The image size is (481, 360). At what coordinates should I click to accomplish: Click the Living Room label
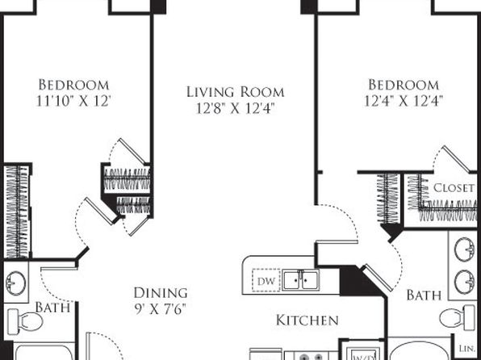tap(236, 92)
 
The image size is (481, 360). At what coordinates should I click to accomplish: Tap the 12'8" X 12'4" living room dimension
tap(235, 108)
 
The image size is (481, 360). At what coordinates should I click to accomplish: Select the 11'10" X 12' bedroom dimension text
tap(73, 101)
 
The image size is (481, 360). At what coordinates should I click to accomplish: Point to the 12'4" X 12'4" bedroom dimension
tap(404, 101)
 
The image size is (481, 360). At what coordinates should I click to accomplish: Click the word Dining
tap(161, 293)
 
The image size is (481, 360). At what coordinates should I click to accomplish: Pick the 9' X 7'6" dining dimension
tap(161, 309)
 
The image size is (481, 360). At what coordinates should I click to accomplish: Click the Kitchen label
tap(307, 320)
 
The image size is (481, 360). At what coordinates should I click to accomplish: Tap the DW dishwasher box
tap(266, 281)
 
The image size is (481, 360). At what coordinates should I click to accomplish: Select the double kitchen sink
tap(300, 280)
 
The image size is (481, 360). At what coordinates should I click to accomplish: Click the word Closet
tap(454, 188)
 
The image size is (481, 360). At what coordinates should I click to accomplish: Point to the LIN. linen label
tap(467, 349)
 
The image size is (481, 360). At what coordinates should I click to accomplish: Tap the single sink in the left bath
tap(15, 283)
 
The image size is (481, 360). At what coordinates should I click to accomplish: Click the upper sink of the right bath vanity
tap(464, 249)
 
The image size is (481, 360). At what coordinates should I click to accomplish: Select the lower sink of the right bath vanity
tap(464, 282)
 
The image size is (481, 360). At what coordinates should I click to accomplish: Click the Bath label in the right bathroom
tap(424, 295)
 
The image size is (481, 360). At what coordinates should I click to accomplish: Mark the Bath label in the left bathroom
tap(52, 308)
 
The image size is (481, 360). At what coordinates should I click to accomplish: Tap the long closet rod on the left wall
tap(18, 211)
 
